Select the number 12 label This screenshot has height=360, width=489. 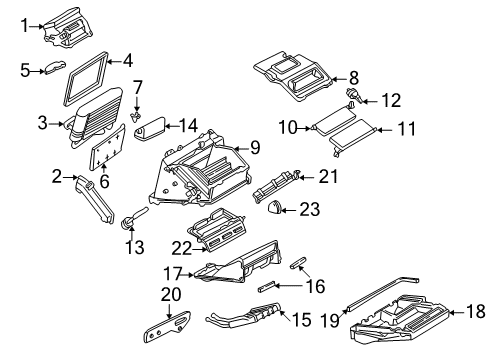(x=390, y=100)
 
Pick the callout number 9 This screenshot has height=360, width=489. (x=255, y=147)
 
